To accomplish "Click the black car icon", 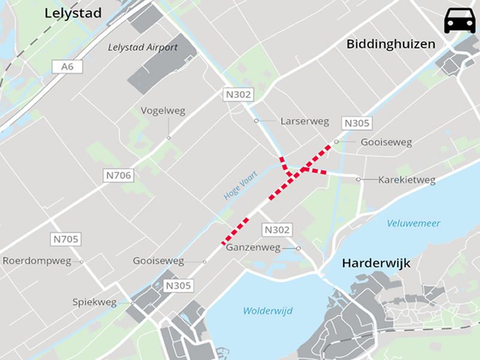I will point(460,22).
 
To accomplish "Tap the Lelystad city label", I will point(73,13).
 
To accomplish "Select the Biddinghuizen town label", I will point(390,45).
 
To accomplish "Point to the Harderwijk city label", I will point(376,263).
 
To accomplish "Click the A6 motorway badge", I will point(67,67).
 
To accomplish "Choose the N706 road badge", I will point(118,175).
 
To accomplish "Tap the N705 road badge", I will point(65,239).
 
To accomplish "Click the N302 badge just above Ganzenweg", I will point(277,230).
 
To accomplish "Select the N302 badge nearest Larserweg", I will point(239,94).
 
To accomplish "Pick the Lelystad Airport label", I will point(143,47).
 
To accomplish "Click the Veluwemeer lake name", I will point(413,223).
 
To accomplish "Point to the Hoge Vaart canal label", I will point(240,185).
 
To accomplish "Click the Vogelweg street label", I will point(163,111).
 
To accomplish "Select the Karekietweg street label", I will point(407,179).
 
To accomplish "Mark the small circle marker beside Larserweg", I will point(256,121).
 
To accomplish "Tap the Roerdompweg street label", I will point(37,261).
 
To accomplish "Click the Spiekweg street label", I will point(94,302).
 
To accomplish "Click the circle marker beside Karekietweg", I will point(358,179).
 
